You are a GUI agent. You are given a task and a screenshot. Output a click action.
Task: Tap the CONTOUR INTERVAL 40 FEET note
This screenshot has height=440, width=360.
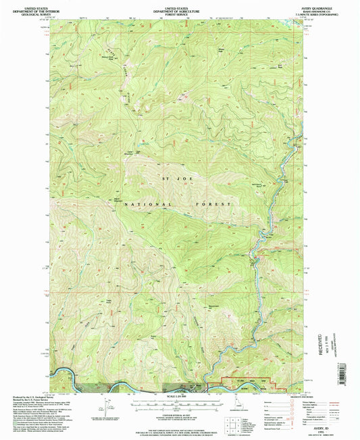pyautogui.click(x=180, y=412)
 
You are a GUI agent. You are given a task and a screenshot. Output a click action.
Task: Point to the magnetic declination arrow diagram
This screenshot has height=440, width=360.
pyautogui.click(x=106, y=406)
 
